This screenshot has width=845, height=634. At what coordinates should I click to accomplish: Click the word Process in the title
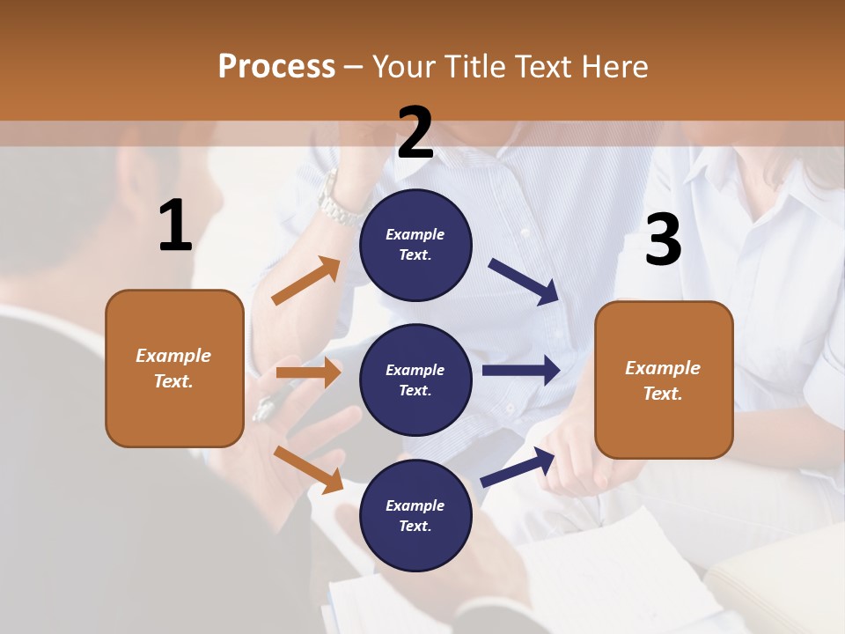276,66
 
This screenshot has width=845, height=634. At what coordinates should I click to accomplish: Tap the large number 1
175,227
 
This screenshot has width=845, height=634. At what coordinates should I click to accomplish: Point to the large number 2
415,133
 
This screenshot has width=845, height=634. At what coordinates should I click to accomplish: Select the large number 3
663,240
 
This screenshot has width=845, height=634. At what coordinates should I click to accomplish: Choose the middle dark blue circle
415,380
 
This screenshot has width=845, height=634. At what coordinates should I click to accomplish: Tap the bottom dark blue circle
415,515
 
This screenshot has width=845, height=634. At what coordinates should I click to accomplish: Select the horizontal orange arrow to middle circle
308,372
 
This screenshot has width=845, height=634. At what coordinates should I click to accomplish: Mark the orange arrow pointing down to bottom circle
308,468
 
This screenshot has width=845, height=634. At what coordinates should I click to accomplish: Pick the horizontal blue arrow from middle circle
520,370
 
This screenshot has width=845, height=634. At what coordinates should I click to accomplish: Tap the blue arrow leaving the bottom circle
518,467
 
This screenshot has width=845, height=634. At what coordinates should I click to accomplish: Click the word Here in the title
615,66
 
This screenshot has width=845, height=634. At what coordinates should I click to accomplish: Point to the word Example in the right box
663,368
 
